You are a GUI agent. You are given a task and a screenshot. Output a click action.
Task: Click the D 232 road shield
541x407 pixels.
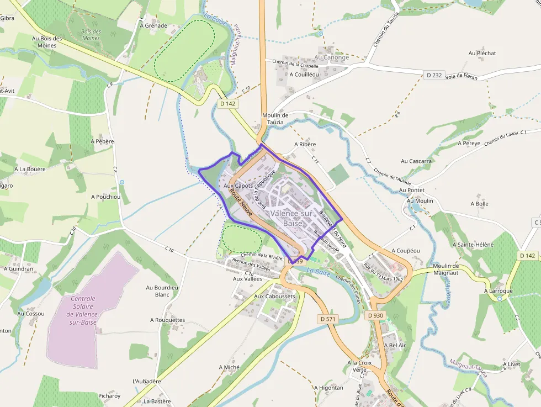point(434,75)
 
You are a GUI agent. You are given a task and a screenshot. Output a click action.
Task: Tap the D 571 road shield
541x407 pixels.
point(328,319)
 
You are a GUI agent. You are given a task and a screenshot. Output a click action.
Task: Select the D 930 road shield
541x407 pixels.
point(375,315)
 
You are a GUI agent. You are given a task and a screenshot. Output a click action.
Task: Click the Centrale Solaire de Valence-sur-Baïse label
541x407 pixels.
point(83,310)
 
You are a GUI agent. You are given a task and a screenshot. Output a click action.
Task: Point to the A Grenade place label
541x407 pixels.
point(153,25)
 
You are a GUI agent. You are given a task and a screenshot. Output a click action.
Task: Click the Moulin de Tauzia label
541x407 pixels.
point(273,119)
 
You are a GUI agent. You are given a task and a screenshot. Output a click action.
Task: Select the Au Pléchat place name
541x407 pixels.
point(482,54)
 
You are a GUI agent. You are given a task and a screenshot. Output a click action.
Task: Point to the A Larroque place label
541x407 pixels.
point(498,291)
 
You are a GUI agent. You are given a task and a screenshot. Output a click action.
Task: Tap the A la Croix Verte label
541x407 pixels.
point(359,366)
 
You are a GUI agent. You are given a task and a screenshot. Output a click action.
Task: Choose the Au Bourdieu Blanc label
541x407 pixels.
point(162,290)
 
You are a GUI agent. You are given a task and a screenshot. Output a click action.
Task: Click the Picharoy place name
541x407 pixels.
point(109,396)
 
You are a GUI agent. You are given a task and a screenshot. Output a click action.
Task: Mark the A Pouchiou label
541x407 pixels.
point(105,197)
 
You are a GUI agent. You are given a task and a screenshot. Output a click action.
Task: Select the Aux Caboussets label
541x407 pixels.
point(274,297)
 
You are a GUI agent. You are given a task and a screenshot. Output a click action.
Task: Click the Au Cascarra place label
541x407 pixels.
point(416,161)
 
